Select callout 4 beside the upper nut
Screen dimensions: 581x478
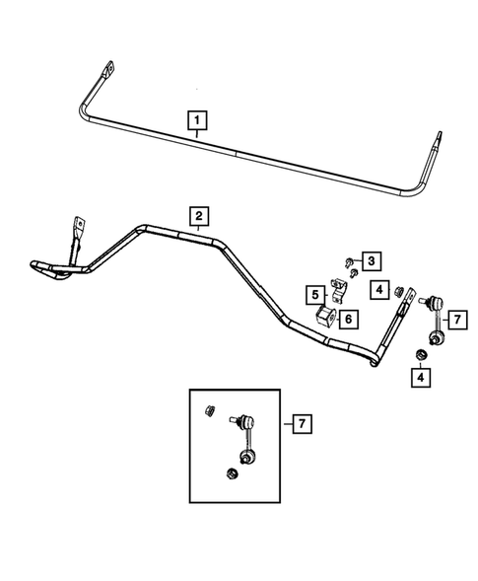tap(378, 289)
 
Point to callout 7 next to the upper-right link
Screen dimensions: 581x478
tap(457, 319)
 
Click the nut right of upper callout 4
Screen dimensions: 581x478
tap(400, 290)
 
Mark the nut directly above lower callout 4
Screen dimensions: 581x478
tap(420, 355)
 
